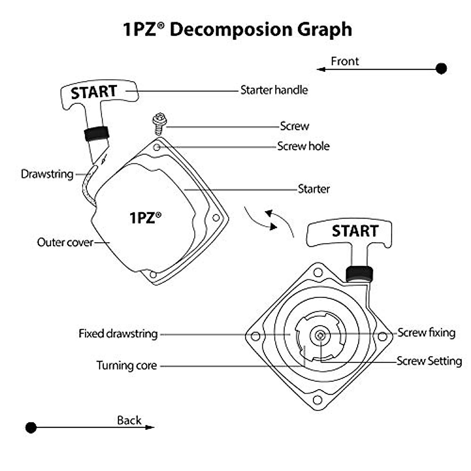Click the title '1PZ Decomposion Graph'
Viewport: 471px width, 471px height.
click(237, 29)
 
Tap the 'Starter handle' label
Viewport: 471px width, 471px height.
click(274, 90)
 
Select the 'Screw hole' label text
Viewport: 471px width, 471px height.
click(303, 146)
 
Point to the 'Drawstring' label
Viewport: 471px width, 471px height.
click(47, 174)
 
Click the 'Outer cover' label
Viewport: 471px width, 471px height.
click(65, 242)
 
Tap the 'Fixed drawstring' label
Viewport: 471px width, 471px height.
click(118, 334)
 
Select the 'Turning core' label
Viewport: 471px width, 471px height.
click(126, 365)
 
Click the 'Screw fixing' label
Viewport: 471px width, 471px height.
click(426, 333)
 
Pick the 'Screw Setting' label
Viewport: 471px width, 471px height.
click(429, 361)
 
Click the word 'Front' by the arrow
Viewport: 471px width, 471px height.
click(345, 61)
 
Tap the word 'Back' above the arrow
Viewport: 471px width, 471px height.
click(129, 420)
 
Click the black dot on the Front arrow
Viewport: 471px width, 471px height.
click(442, 69)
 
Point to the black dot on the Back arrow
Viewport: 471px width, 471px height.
click(31, 427)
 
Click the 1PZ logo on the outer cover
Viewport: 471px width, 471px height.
click(145, 217)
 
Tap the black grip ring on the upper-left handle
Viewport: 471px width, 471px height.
click(97, 133)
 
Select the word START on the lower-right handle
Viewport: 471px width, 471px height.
click(355, 231)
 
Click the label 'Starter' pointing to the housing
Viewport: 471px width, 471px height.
click(314, 189)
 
